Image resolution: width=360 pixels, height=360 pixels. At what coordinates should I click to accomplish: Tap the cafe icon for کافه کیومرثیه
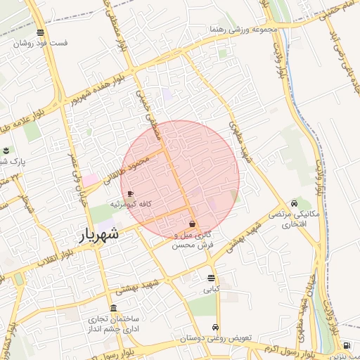pos(130,193)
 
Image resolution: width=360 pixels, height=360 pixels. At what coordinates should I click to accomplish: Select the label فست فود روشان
pos(44,43)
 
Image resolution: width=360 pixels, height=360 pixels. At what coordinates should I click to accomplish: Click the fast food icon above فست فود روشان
pos(41,32)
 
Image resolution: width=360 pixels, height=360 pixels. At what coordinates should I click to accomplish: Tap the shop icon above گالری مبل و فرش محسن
pos(193,224)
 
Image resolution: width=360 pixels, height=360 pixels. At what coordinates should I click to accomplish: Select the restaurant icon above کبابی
pos(212,278)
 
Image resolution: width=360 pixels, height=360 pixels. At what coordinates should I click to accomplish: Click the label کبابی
pos(212,289)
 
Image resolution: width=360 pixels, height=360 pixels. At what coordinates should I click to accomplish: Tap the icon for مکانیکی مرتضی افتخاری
pos(304,203)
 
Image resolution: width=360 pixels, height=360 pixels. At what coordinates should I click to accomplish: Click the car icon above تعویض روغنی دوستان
pos(215,328)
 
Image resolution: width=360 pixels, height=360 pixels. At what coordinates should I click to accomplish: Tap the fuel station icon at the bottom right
pos(347,345)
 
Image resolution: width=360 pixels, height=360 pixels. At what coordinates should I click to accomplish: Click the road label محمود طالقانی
pos(128,170)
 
